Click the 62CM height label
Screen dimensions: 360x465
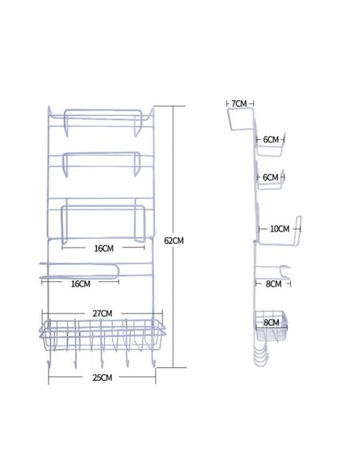(174, 240)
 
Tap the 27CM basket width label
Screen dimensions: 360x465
(102, 314)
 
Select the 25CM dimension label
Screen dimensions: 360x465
(102, 377)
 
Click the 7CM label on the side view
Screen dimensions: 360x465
(239, 104)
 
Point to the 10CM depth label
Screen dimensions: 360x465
(280, 229)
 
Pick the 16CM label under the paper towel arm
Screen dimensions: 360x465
(80, 283)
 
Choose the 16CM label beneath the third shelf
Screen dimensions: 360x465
(104, 248)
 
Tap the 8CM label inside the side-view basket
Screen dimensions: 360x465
(272, 322)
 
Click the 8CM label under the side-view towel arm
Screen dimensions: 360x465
(273, 283)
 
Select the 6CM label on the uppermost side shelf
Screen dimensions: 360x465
(271, 139)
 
